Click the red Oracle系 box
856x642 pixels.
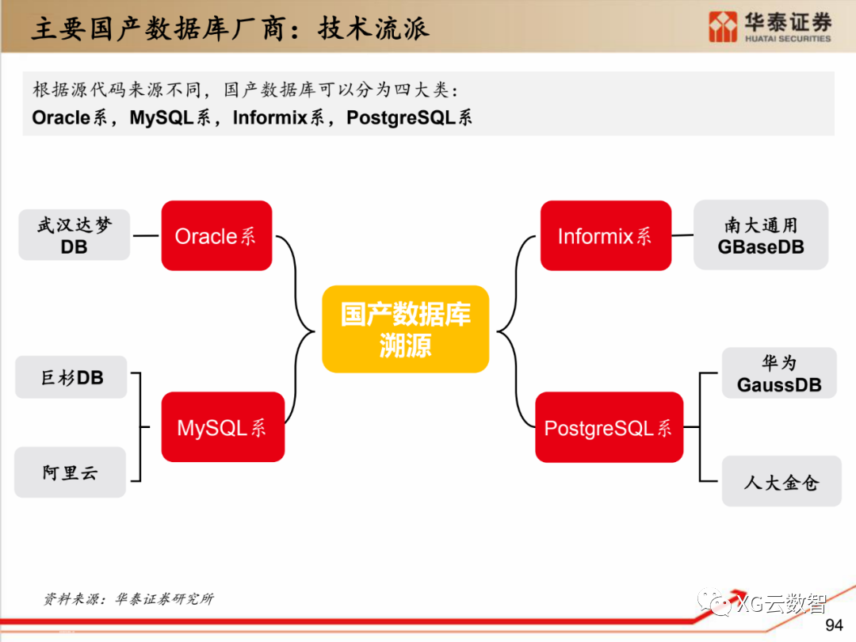[x=216, y=235]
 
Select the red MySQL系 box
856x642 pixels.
[x=223, y=427]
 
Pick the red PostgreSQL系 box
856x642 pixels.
[x=609, y=428]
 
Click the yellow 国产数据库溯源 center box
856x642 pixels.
[x=405, y=329]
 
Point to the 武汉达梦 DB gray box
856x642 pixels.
[x=75, y=235]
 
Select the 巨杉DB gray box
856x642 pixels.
[x=71, y=377]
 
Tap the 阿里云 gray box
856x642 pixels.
[x=71, y=473]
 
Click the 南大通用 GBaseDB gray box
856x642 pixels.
[x=761, y=235]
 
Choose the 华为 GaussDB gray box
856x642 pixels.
[x=779, y=374]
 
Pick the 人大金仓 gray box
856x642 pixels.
[x=781, y=481]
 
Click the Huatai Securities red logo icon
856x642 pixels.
[x=723, y=26]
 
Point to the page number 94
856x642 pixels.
[x=834, y=625]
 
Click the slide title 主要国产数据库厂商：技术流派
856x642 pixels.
[x=230, y=29]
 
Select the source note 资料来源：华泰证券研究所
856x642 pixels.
[x=128, y=599]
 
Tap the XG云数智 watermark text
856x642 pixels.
[x=781, y=603]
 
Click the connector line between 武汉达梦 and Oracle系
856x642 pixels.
[x=146, y=235]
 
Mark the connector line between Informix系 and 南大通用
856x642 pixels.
[x=682, y=235]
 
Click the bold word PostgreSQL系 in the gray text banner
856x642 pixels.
[x=409, y=118]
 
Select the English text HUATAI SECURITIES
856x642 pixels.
[x=788, y=38]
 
